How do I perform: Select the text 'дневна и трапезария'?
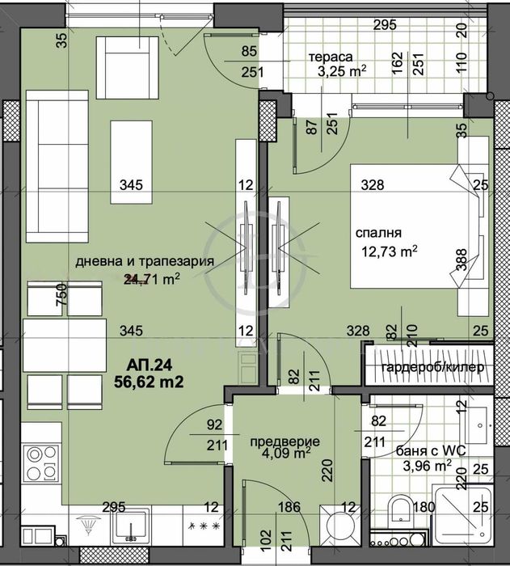[x=144, y=261]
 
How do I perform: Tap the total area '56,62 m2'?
[x=148, y=377]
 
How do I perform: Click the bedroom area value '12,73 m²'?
[x=390, y=251]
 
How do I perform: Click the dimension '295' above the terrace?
[x=384, y=24]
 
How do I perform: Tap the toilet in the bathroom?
[x=398, y=511]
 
